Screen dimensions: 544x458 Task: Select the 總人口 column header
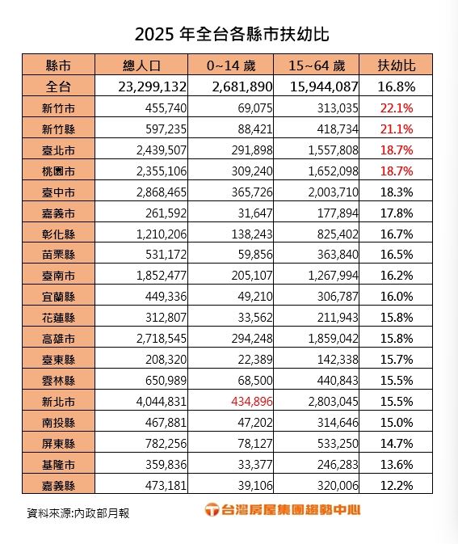click(x=141, y=65)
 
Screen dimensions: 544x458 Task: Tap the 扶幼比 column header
click(x=396, y=65)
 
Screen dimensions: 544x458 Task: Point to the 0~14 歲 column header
click(x=232, y=65)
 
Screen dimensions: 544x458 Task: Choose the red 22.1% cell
click(x=396, y=108)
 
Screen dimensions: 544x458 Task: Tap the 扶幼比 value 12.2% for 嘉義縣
click(x=396, y=486)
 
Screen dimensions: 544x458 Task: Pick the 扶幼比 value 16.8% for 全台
click(x=396, y=86)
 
